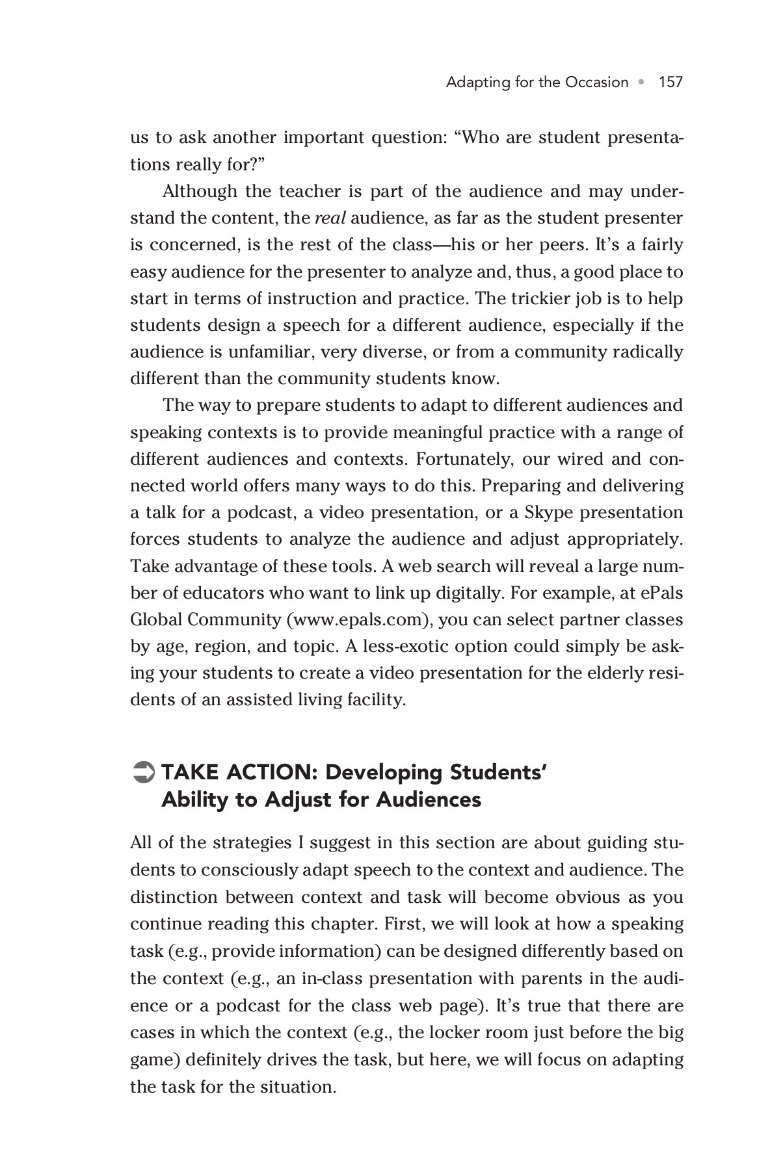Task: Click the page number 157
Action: (670, 82)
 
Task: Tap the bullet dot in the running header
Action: (643, 83)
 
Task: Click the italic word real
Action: (330, 218)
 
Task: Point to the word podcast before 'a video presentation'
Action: (260, 512)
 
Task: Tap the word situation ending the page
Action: (300, 1086)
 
